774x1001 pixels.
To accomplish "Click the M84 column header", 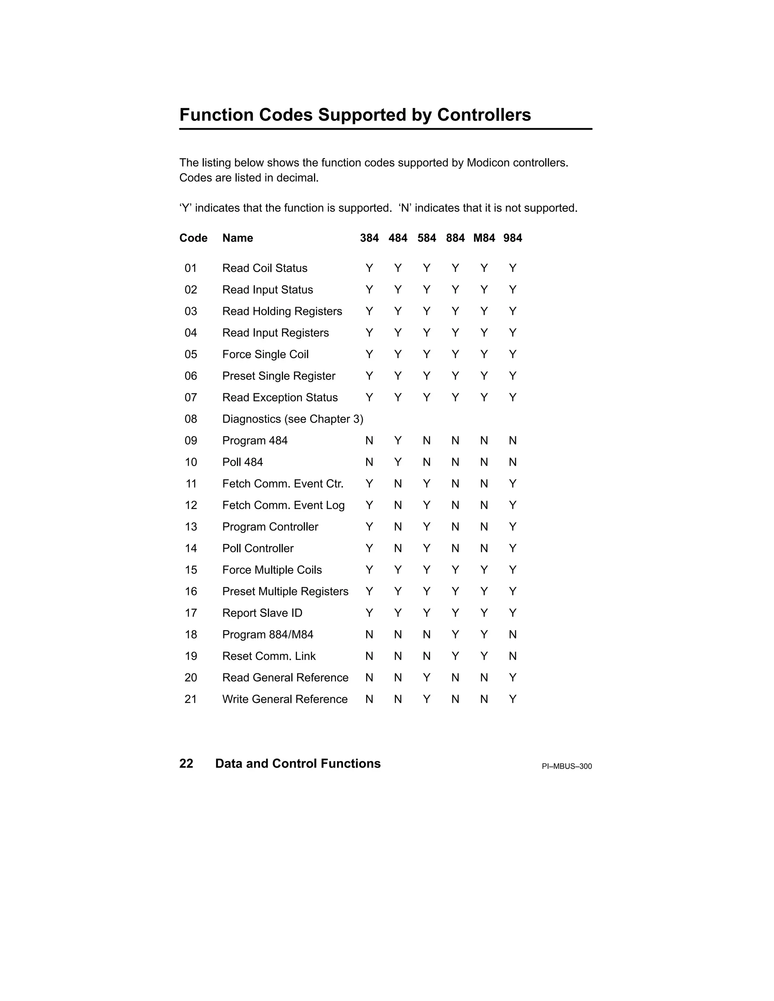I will [x=484, y=238].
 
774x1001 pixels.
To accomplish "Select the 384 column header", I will [x=369, y=238].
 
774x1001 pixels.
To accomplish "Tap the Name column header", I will [x=237, y=238].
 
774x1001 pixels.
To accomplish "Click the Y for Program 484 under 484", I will [x=398, y=440].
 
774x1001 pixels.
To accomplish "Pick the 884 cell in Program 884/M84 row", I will [x=455, y=634].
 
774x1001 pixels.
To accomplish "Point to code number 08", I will [x=191, y=419].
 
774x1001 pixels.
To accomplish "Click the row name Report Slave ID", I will [x=262, y=613].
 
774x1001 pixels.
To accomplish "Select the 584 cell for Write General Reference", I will [x=426, y=699].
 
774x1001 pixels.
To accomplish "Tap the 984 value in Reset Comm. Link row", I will [x=512, y=656].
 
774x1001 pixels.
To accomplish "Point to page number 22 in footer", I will [x=186, y=763].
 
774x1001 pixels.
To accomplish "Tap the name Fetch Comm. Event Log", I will [x=283, y=505].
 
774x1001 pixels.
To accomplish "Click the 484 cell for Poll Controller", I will [x=398, y=548].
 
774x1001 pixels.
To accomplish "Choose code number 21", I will [x=191, y=699].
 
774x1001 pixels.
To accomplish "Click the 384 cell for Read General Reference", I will [x=369, y=677].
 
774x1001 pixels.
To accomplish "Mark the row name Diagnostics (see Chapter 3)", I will [x=293, y=419].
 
